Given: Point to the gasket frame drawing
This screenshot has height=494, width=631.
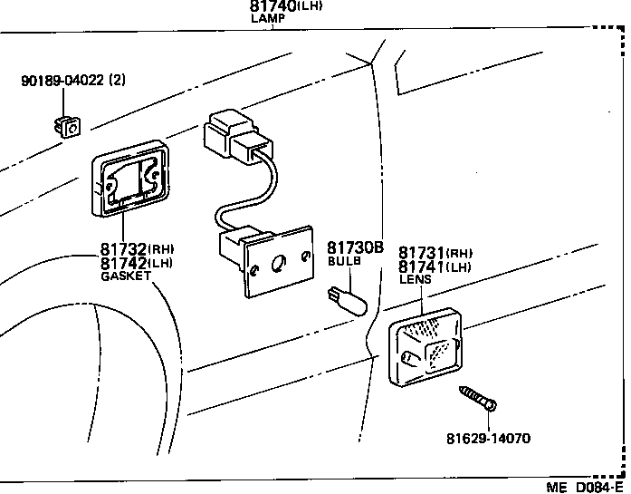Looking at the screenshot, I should [x=131, y=178].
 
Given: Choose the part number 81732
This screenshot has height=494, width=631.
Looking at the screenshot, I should [x=122, y=248].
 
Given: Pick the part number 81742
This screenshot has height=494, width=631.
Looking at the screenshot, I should [x=122, y=263].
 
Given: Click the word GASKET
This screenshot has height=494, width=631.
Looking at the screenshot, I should [x=126, y=276].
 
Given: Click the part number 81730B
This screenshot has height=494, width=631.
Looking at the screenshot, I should [x=355, y=247].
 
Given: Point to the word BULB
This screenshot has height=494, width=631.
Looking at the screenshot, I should [x=344, y=260].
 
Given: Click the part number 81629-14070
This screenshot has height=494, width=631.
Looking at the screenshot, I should [x=488, y=439].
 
